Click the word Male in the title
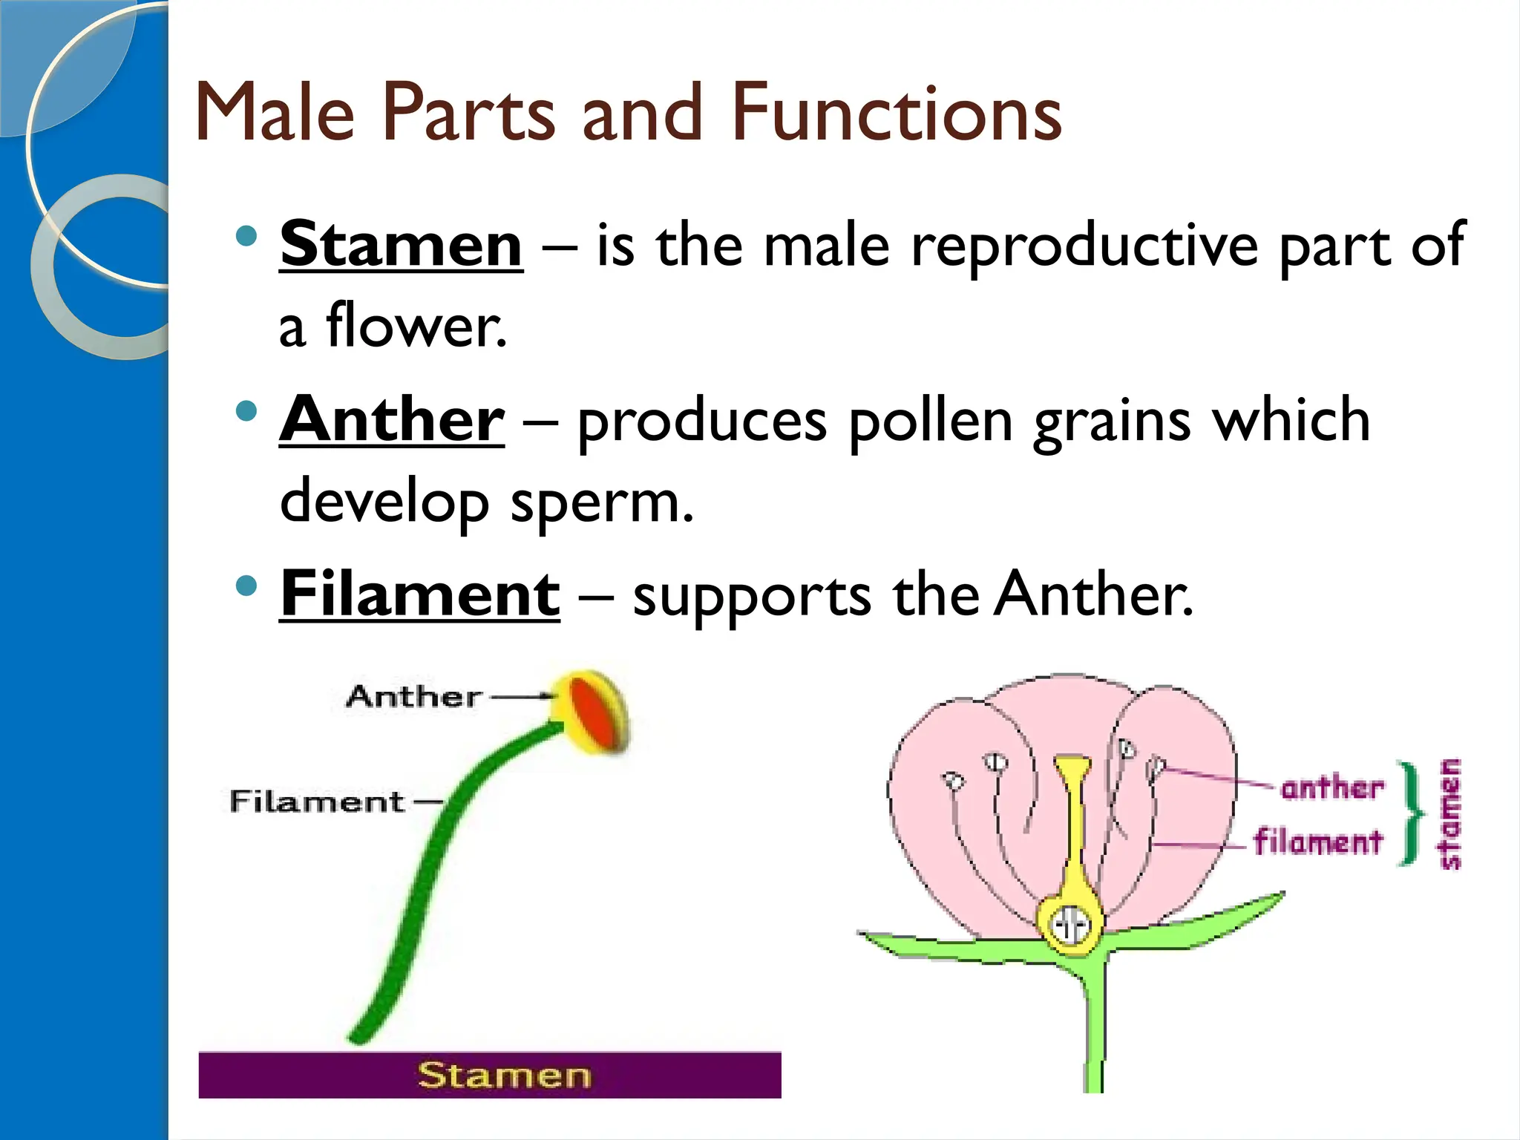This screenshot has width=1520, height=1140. (275, 113)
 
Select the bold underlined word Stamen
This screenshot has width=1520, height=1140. (401, 245)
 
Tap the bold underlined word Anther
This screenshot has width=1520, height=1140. (392, 420)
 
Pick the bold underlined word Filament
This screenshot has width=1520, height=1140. (419, 594)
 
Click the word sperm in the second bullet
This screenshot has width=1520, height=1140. (601, 503)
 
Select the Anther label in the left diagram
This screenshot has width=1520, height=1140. (413, 697)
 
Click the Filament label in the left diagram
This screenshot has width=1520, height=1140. (317, 802)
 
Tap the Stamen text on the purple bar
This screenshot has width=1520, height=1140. (504, 1075)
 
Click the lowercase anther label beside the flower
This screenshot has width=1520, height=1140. (1332, 787)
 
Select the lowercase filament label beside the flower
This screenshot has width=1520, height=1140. (1318, 842)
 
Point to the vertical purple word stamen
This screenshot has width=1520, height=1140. (1449, 813)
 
